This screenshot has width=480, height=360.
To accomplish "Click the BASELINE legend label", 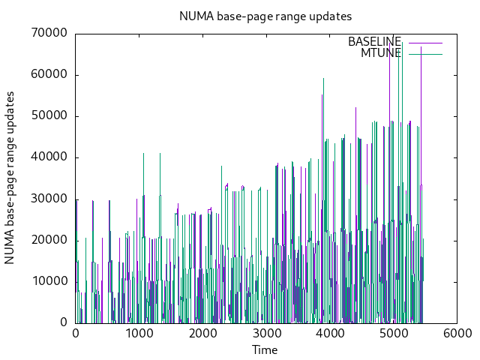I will (x=374, y=42).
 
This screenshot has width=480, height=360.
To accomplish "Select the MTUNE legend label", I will (x=381, y=53).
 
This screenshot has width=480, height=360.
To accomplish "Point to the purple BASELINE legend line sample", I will (x=425, y=42).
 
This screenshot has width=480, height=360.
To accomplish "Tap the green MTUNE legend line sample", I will (x=425, y=53).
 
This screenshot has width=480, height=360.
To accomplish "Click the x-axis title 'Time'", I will (x=265, y=350).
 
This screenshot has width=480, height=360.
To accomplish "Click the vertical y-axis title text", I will (x=10, y=178).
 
